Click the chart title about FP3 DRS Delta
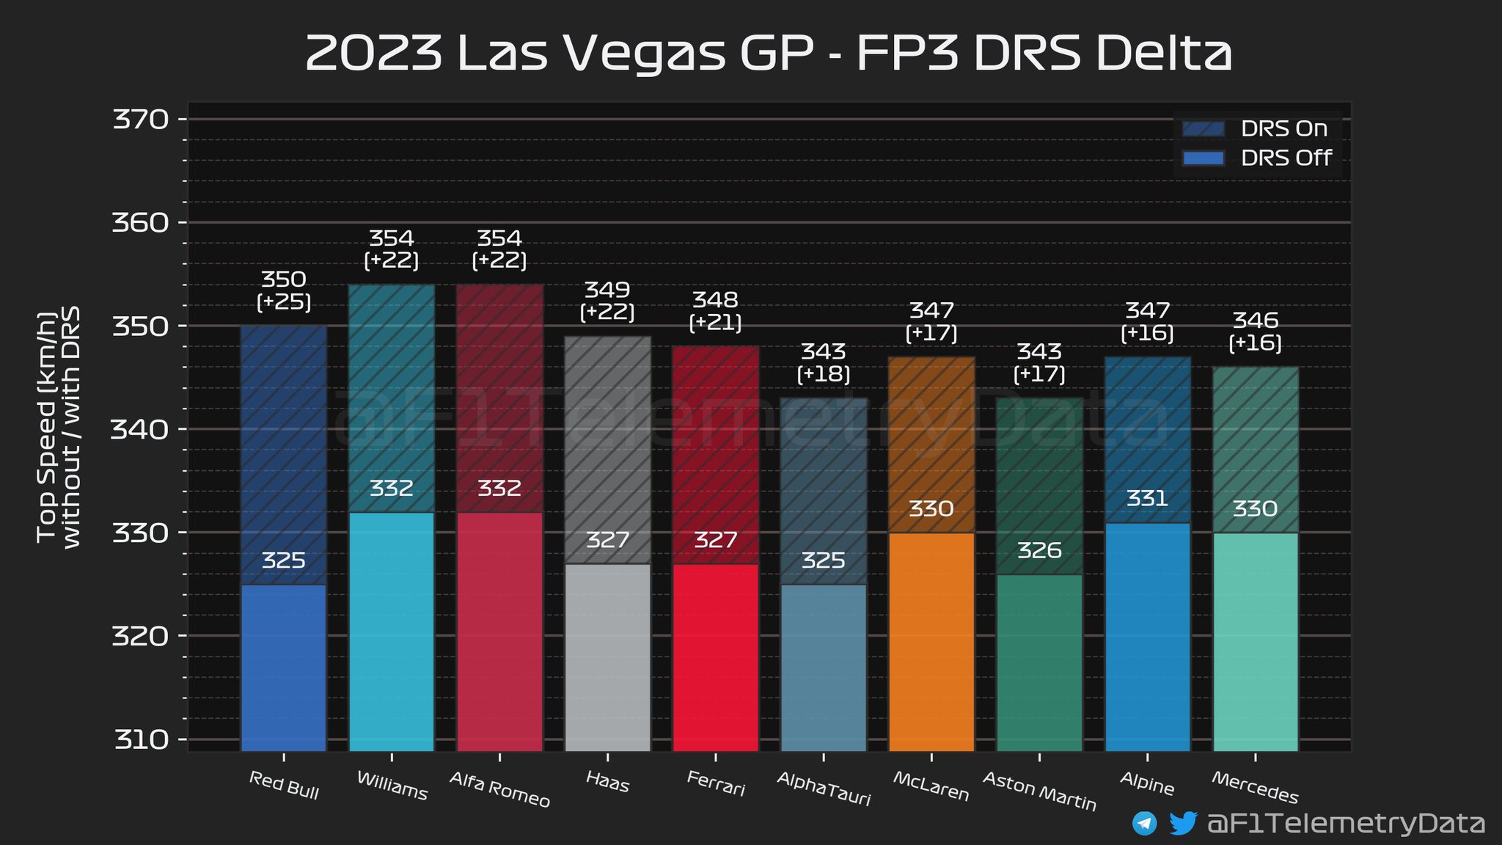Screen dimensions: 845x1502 point(768,53)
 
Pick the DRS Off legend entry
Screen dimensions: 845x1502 point(1256,158)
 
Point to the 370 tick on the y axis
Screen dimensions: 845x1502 point(140,120)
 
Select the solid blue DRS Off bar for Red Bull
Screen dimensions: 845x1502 point(284,667)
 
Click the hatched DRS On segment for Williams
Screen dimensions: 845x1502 point(392,396)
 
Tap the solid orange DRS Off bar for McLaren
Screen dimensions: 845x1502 point(931,642)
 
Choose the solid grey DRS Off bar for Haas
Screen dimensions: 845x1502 point(608,656)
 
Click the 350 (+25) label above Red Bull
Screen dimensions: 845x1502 point(284,290)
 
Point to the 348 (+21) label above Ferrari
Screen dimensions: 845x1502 point(716,311)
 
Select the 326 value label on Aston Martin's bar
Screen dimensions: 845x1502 point(1039,551)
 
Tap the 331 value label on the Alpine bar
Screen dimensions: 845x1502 point(1147,500)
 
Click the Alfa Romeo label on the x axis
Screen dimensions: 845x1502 point(499,790)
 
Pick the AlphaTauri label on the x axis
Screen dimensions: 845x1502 point(824,790)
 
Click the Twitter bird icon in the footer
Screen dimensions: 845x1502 point(1182,823)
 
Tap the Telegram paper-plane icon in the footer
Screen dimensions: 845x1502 point(1144,823)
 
